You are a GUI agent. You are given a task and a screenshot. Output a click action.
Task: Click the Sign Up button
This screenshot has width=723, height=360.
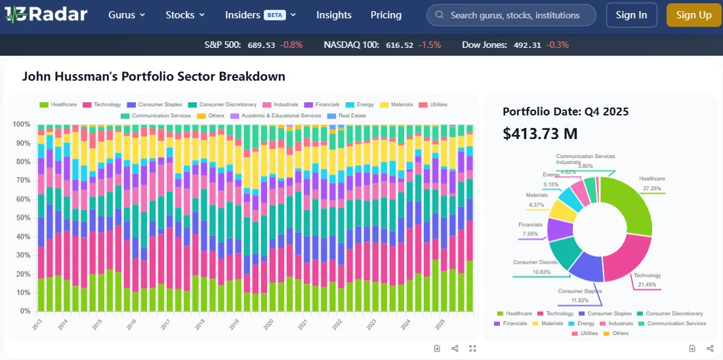[x=693, y=15]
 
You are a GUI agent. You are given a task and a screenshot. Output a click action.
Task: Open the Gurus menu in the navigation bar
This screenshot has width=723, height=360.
[x=127, y=15]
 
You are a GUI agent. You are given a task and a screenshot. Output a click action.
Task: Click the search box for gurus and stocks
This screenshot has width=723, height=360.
[x=511, y=15]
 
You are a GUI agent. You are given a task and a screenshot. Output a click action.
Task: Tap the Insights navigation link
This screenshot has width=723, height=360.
[x=334, y=15]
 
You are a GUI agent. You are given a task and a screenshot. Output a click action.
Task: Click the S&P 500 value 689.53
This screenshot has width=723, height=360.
[x=261, y=45]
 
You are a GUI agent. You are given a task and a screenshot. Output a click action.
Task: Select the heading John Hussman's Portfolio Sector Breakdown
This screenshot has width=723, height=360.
[x=154, y=76]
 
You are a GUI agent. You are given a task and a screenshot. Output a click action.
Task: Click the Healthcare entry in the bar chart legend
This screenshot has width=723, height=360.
[x=58, y=104]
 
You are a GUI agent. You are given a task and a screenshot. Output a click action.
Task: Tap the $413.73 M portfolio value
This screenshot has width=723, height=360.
[x=540, y=134]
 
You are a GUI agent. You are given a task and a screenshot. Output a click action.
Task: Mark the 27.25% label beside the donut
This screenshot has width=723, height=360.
[x=651, y=188]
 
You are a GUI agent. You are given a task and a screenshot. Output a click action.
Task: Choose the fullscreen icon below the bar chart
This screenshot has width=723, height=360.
[x=472, y=348]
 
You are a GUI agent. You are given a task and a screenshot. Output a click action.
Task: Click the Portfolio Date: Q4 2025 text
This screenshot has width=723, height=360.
[x=566, y=111]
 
